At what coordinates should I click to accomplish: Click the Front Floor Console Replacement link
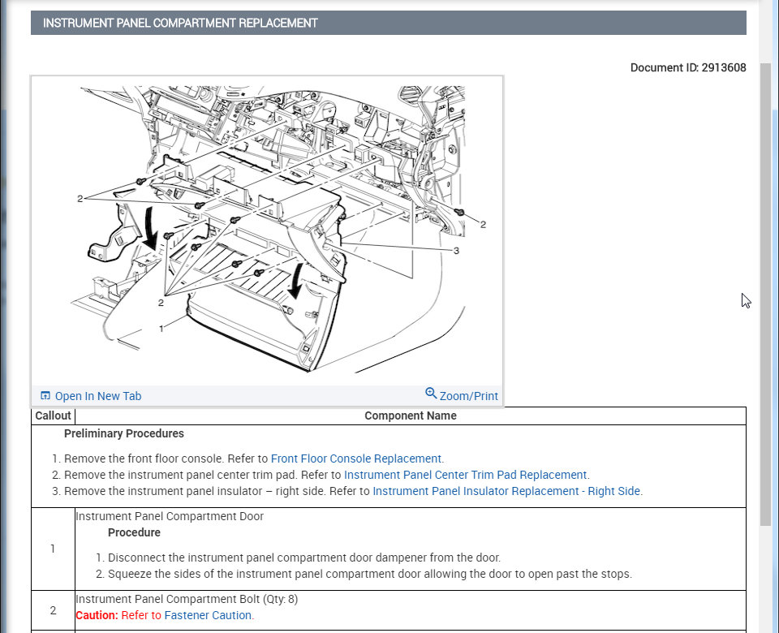tap(356, 459)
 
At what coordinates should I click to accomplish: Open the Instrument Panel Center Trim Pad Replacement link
tap(466, 475)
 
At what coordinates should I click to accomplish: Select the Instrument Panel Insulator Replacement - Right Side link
tap(506, 491)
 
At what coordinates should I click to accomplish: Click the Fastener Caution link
tap(209, 615)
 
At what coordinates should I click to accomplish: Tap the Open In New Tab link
tap(97, 396)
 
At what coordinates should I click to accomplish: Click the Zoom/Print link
tap(468, 396)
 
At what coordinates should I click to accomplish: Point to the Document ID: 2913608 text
tap(687, 67)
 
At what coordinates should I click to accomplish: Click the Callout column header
tap(53, 416)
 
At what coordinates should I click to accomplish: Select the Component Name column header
tap(410, 416)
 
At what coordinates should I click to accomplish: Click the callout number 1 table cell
tap(53, 549)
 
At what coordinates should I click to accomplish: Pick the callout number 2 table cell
tap(53, 610)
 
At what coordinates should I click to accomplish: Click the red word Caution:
tap(97, 615)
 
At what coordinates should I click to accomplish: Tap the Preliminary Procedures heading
tap(124, 433)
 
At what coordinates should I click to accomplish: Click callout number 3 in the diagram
tap(456, 251)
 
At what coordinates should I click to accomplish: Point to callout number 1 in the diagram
tap(162, 328)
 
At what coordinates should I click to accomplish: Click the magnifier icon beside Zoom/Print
tap(431, 394)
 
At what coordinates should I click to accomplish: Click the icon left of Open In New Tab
tap(45, 396)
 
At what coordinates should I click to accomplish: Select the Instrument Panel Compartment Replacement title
tap(180, 23)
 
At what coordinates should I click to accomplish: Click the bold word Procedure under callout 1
tap(134, 532)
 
